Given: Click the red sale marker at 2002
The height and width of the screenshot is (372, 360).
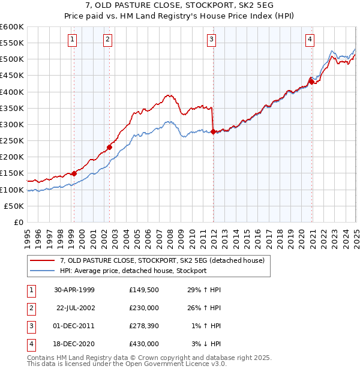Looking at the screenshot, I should tap(110, 147).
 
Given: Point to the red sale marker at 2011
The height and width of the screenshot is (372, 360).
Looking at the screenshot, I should tap(214, 131).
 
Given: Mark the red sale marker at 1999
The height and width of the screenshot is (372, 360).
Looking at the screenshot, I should tap(74, 173).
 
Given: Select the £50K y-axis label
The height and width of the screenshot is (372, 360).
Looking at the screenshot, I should tap(14, 206).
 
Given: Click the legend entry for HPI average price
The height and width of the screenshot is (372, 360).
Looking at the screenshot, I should tap(133, 271).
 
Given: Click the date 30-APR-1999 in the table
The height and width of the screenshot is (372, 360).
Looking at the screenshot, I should tap(74, 290).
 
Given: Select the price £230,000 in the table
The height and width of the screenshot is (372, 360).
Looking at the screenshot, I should tap(144, 308).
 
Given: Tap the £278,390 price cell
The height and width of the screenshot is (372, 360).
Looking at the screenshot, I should tap(144, 326).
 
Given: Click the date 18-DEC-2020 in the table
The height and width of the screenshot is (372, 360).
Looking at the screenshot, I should tap(74, 344).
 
